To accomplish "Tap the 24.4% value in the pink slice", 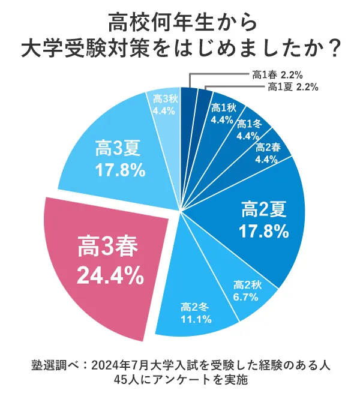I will point(110,276).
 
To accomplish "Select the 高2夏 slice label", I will point(263,209).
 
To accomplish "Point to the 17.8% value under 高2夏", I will point(263,231).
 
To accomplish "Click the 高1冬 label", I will point(247,124).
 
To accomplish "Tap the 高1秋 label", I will point(223,108).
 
